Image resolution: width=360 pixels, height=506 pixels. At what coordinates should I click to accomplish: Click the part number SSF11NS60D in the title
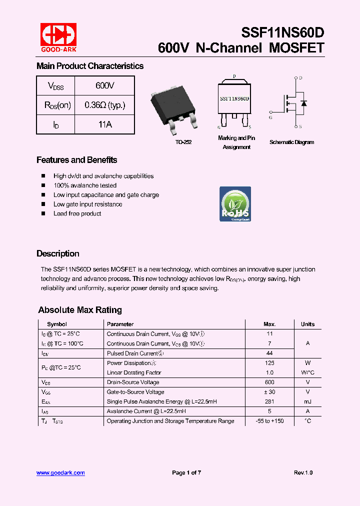[x=282, y=32]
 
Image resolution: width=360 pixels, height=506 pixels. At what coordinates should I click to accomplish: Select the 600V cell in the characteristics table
[x=104, y=86]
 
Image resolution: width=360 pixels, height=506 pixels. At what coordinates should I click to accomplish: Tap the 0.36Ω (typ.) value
[x=104, y=105]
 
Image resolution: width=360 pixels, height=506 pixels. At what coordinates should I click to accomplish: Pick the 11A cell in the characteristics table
[x=104, y=124]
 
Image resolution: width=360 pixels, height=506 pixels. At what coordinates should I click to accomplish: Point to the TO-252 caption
[x=183, y=142]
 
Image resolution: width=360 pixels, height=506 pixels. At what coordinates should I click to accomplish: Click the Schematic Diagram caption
[x=291, y=142]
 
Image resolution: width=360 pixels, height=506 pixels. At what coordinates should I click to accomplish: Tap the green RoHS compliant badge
[x=235, y=204]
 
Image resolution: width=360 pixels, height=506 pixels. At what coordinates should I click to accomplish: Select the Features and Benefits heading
[x=76, y=160]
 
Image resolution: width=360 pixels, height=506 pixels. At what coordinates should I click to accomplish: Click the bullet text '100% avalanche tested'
[x=85, y=185]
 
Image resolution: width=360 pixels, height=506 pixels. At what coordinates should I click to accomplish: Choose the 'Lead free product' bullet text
[x=77, y=213]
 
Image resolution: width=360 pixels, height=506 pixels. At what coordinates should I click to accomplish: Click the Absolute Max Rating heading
[x=80, y=310]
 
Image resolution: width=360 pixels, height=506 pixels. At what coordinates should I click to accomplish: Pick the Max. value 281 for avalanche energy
[x=269, y=401]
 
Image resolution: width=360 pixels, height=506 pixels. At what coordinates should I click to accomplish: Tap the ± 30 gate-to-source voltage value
[x=269, y=392]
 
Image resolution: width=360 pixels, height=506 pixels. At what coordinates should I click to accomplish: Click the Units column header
[x=307, y=324]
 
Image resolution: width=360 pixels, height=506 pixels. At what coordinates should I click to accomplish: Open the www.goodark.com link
[x=60, y=472]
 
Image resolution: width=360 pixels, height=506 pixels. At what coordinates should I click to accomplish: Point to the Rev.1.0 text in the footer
[x=303, y=472]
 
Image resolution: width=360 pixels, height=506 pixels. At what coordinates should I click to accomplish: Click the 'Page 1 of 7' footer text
[x=186, y=472]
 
